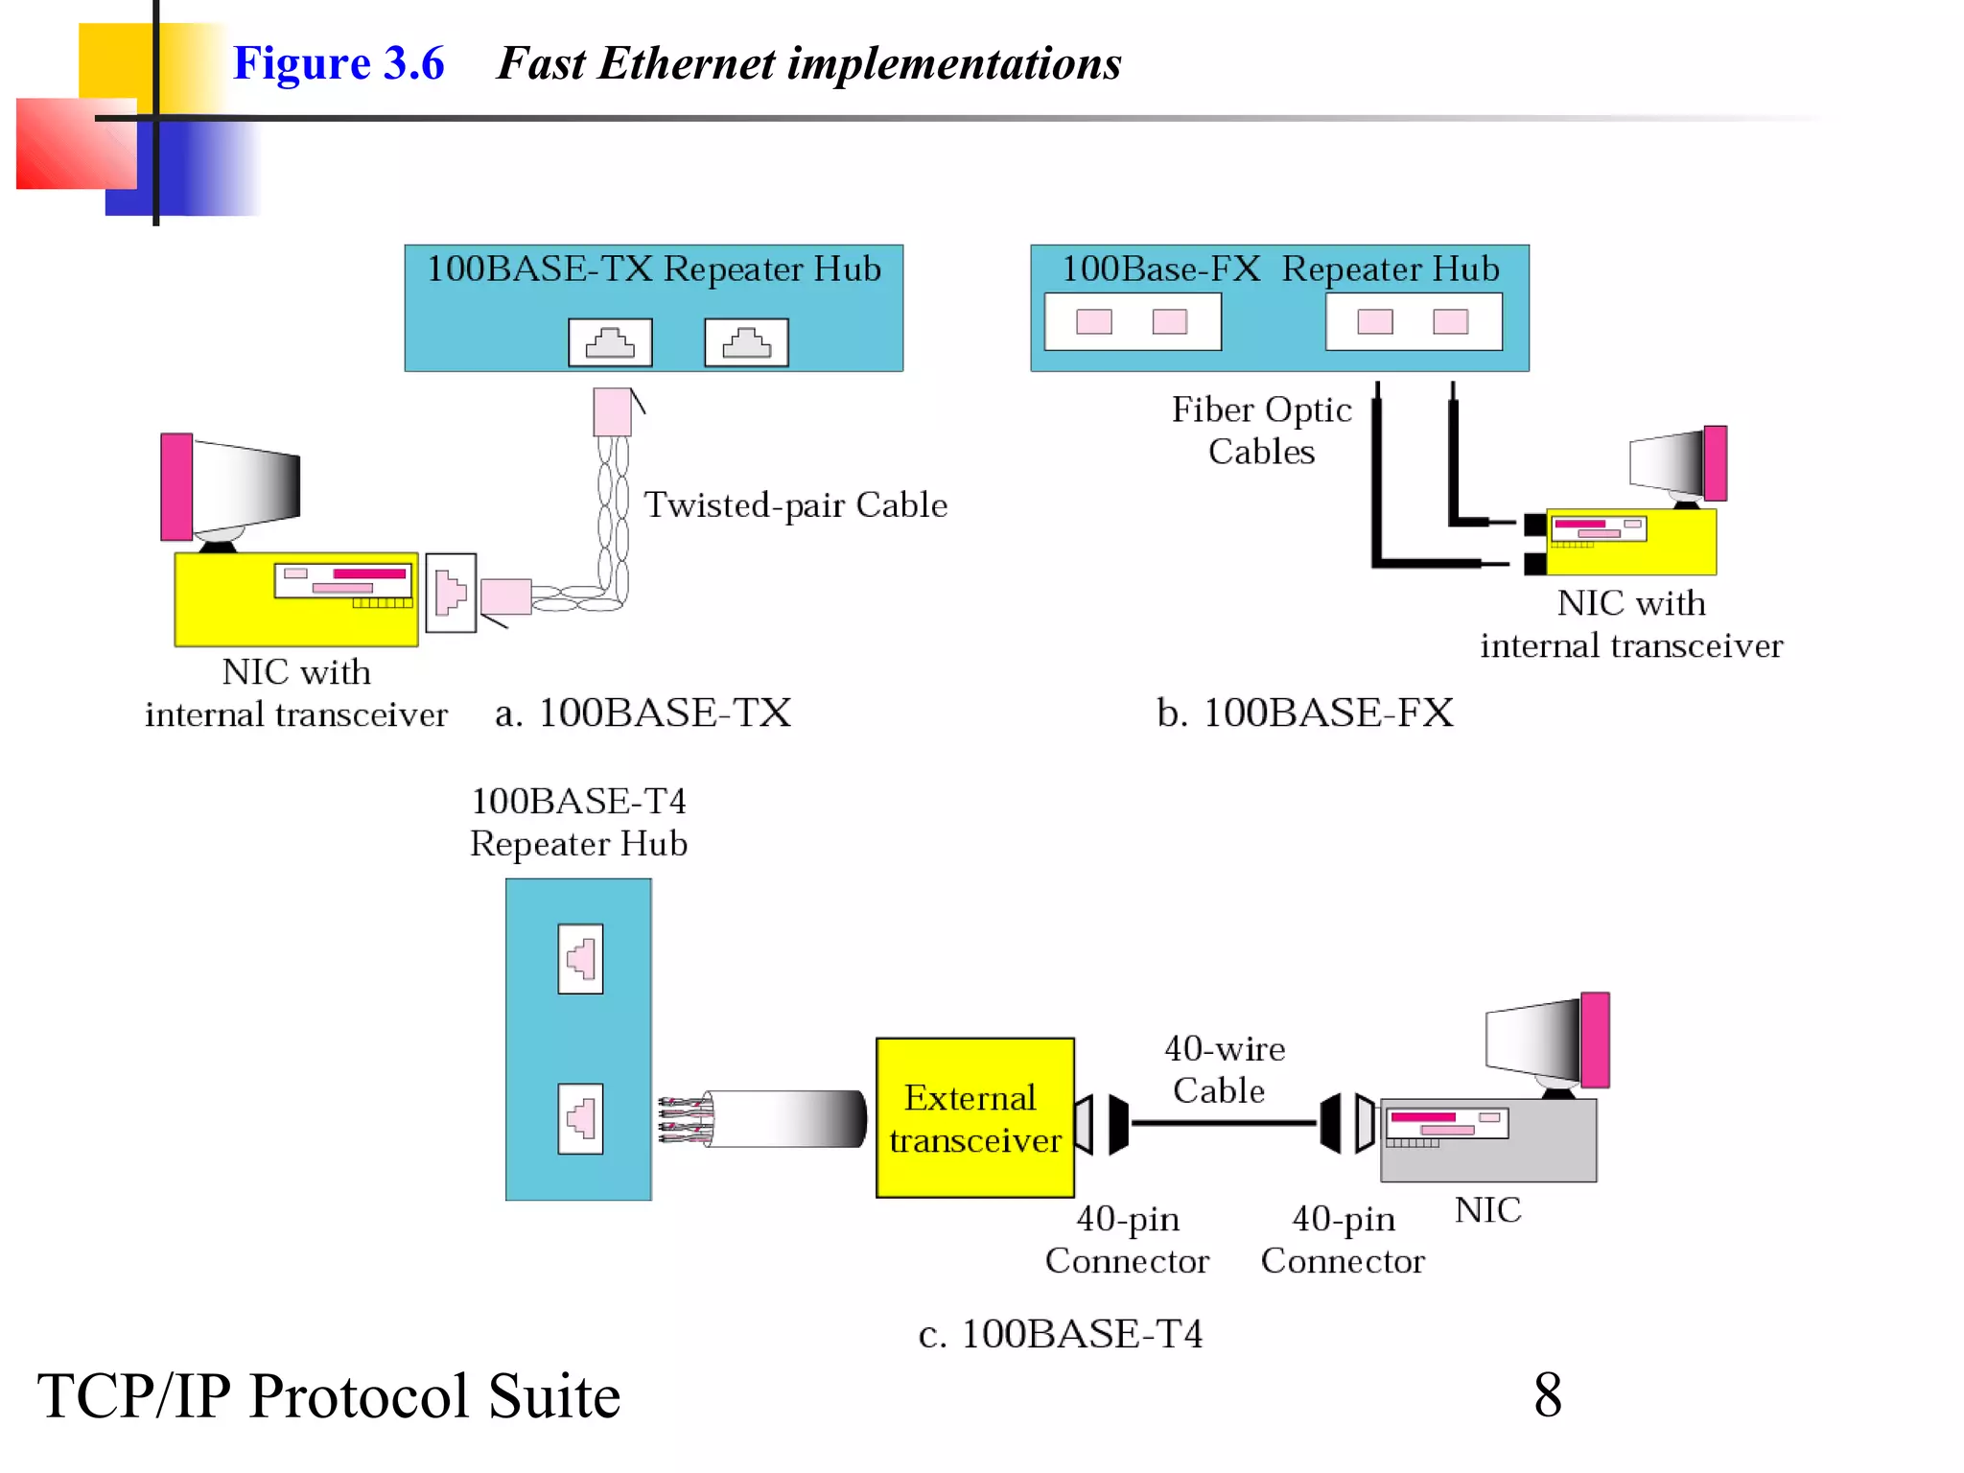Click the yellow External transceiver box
point(974,1117)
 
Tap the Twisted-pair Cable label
point(795,505)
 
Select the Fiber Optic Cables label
point(1261,430)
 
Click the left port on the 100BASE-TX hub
point(610,342)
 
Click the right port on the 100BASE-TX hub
point(746,342)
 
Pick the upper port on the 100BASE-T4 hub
point(580,958)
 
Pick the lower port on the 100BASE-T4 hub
point(580,1118)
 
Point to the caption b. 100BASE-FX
point(1304,713)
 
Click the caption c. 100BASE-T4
point(1060,1334)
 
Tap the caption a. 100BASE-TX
point(643,713)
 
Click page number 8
point(1547,1395)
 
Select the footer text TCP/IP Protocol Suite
point(329,1395)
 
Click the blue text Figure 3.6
point(339,63)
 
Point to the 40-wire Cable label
point(1223,1069)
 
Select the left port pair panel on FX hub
point(1133,322)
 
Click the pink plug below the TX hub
point(612,412)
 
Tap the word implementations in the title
point(954,63)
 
